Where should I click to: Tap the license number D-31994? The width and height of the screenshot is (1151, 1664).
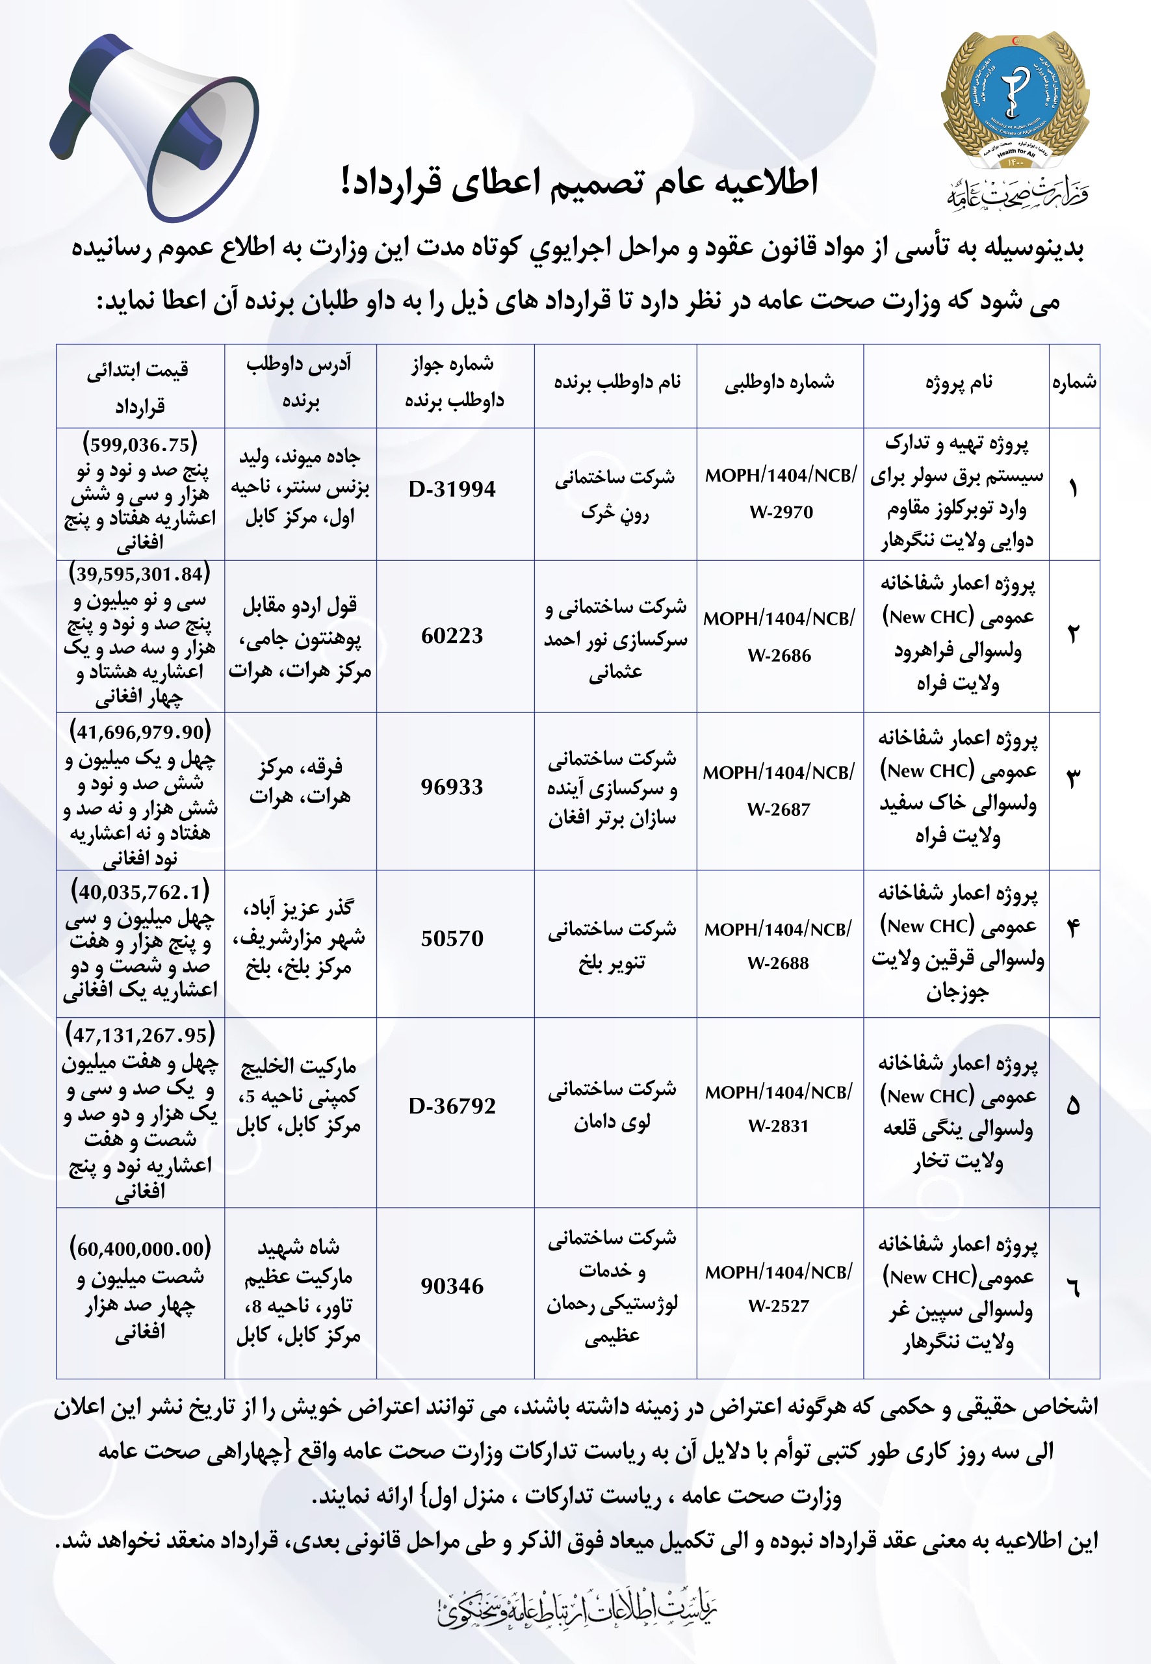click(x=452, y=489)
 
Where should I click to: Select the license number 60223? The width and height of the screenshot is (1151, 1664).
click(x=452, y=636)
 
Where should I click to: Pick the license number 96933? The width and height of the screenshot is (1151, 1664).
click(x=452, y=787)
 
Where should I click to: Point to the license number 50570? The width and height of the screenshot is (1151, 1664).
click(x=452, y=939)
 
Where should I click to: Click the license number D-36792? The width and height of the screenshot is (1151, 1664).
click(x=452, y=1106)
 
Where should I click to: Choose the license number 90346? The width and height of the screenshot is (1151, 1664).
click(x=452, y=1286)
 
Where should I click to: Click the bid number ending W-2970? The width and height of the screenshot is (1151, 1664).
click(x=781, y=512)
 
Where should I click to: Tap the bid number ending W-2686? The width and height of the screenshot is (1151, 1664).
click(x=779, y=656)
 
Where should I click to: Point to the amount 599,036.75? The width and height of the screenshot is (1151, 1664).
click(x=140, y=443)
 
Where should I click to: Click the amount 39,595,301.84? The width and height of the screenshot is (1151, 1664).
click(x=140, y=574)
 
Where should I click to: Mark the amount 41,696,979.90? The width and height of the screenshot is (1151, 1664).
click(x=140, y=732)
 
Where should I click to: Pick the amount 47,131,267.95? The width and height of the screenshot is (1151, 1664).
click(x=140, y=1035)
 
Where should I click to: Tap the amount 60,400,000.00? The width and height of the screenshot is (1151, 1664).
click(x=140, y=1248)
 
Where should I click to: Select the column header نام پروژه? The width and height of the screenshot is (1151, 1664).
click(x=959, y=383)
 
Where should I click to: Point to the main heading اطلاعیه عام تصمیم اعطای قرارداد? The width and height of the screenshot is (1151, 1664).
click(x=580, y=182)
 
